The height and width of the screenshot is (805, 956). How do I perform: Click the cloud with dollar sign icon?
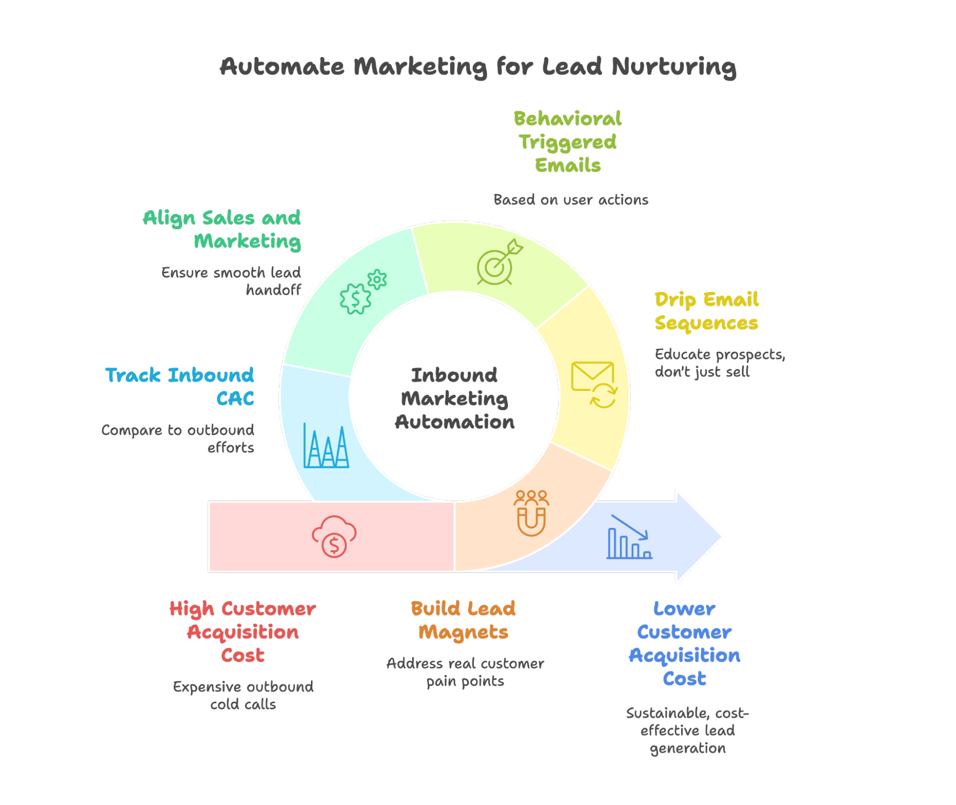point(334,537)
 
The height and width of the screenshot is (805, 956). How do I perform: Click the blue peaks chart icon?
point(326,446)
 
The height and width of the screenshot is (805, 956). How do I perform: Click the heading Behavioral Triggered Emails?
point(567,142)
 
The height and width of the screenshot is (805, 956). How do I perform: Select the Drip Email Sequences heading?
point(706,311)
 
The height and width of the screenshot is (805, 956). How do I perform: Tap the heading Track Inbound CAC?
point(179,387)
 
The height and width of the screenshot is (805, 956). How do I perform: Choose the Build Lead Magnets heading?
point(463,620)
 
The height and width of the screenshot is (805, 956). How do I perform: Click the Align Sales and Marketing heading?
point(222,230)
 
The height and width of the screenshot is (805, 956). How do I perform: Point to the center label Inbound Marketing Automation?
point(454,398)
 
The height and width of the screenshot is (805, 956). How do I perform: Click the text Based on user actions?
point(571,200)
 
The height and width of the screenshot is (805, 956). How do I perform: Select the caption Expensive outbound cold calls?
point(243,695)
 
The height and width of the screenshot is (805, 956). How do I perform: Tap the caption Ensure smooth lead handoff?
point(231,281)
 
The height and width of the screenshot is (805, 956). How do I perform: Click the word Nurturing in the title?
point(674,66)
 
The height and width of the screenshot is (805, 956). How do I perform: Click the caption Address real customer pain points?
point(465,672)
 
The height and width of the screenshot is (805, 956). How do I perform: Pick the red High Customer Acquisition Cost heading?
point(242,632)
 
